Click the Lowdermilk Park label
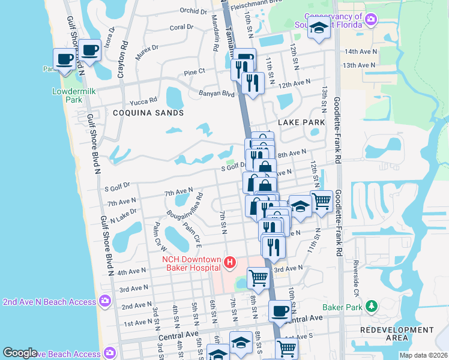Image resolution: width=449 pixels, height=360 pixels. pos(66,96)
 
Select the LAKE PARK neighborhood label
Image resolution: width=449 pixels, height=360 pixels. pos(301,122)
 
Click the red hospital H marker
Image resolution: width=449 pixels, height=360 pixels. pos(229,262)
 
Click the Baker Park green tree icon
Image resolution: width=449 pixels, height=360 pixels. pos(372,307)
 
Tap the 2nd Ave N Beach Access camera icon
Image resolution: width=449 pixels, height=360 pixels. pos(106,300)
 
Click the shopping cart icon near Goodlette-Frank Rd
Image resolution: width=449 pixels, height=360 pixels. pos(322,202)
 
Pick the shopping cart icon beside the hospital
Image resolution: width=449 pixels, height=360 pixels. pos(258,278)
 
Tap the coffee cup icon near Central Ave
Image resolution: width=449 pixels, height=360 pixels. pos(279,311)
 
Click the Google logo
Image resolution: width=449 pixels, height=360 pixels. pos(20,353)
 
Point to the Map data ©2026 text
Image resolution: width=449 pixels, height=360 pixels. pos(423,355)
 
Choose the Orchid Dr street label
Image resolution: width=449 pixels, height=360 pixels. pos(193,11)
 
